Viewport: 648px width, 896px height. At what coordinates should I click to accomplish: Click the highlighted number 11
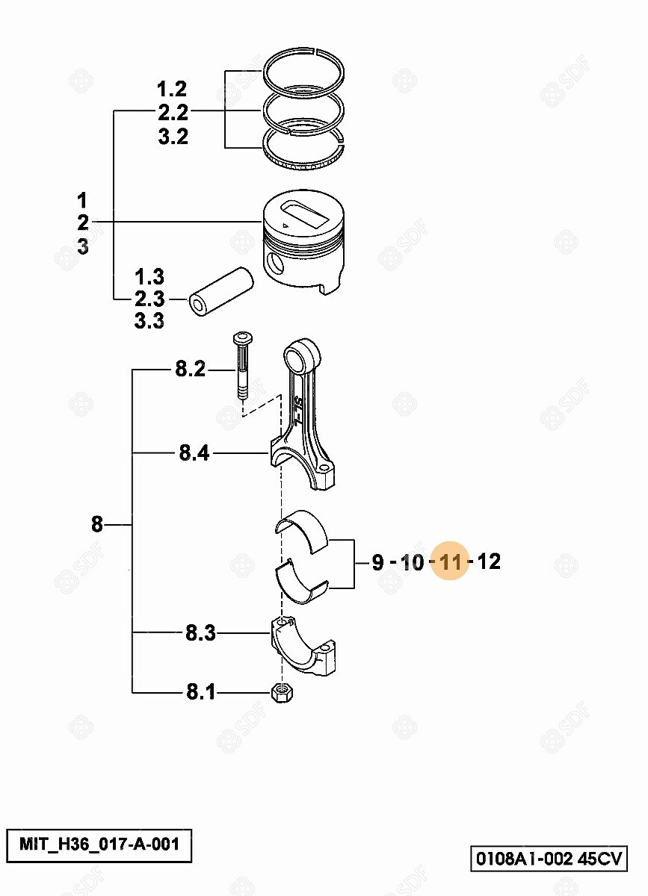pyautogui.click(x=450, y=561)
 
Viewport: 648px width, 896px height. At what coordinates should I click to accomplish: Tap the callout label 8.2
pyautogui.click(x=191, y=369)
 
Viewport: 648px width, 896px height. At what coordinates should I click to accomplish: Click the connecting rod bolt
pyautogui.click(x=243, y=366)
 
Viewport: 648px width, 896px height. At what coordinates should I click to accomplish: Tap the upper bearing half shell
pyautogui.click(x=301, y=531)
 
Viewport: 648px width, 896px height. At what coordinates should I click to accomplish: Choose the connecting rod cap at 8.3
pyautogui.click(x=303, y=646)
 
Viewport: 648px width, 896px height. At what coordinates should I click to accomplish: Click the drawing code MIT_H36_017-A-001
pyautogui.click(x=99, y=844)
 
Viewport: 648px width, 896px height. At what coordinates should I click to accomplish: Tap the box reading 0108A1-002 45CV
pyautogui.click(x=549, y=857)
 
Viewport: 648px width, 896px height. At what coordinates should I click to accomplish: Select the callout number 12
pyautogui.click(x=490, y=561)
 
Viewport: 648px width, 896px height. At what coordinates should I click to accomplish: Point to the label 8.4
pyautogui.click(x=194, y=453)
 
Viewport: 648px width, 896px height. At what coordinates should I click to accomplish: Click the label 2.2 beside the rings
pyautogui.click(x=173, y=113)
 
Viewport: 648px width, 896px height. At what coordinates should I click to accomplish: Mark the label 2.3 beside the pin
pyautogui.click(x=149, y=299)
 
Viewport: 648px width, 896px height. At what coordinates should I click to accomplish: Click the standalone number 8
pyautogui.click(x=97, y=524)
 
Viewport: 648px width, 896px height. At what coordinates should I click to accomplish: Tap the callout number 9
pyautogui.click(x=377, y=562)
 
